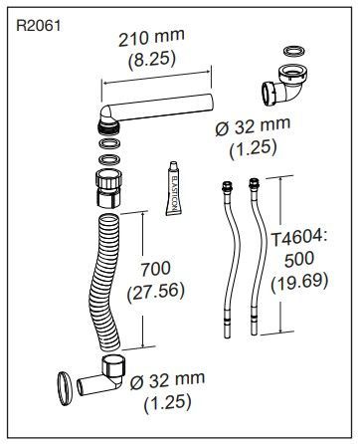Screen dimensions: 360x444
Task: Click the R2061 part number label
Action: [39, 26]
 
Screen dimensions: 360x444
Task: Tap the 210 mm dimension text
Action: [151, 38]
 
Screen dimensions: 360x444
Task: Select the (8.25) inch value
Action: [152, 60]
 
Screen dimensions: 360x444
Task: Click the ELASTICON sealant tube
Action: [174, 188]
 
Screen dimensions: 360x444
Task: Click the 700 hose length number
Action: [156, 269]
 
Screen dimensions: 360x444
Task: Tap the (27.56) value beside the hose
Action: [155, 292]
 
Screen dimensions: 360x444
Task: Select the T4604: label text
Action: [299, 238]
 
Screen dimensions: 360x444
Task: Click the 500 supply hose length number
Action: [299, 259]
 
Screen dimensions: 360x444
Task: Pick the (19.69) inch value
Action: [299, 282]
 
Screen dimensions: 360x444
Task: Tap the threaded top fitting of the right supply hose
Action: [254, 183]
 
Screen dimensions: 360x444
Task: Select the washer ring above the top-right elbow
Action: [294, 52]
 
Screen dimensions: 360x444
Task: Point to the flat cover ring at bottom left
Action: [65, 388]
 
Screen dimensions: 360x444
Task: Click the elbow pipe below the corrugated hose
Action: [101, 376]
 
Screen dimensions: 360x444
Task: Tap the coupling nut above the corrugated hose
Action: [108, 188]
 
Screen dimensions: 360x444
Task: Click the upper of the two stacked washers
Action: [109, 144]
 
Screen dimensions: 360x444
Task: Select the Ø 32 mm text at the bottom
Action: [167, 381]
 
